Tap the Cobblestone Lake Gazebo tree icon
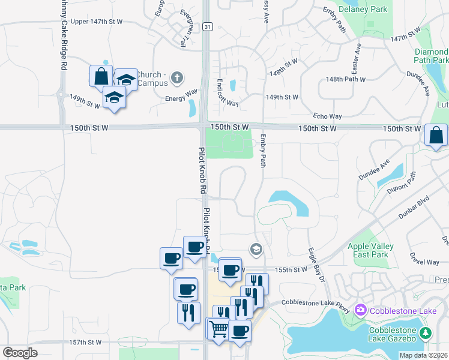pyautogui.click(x=426, y=332)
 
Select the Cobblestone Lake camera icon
pyautogui.click(x=361, y=310)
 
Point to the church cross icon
pyautogui.click(x=176, y=77)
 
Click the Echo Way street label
pyautogui.click(x=327, y=116)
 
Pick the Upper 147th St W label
pyautogui.click(x=96, y=22)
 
